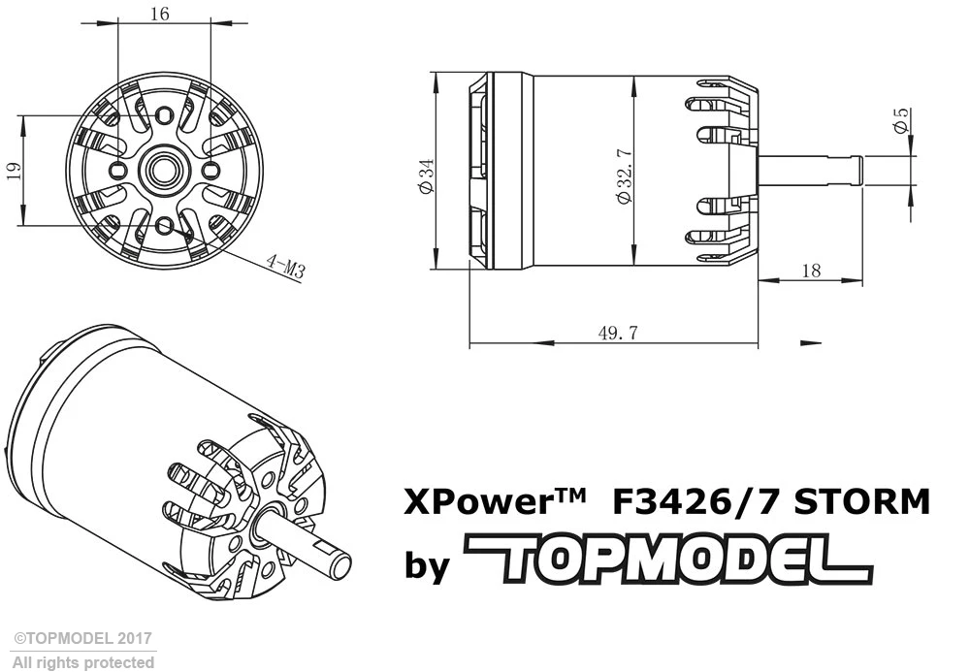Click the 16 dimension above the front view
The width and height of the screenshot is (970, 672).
coord(161,13)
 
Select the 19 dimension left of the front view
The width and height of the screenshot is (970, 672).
coord(14,171)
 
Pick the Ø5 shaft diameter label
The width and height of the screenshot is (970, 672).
coord(903,121)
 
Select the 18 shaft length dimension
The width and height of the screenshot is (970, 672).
coord(811,271)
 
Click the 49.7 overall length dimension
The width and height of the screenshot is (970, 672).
coord(617,333)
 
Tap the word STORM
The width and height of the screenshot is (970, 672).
coord(861,503)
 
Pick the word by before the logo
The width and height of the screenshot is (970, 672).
coord(427,564)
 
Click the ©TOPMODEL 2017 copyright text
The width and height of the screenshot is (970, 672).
coord(82,639)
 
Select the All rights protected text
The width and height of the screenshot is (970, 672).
coord(82,662)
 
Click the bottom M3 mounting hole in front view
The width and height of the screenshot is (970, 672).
coord(164,227)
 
